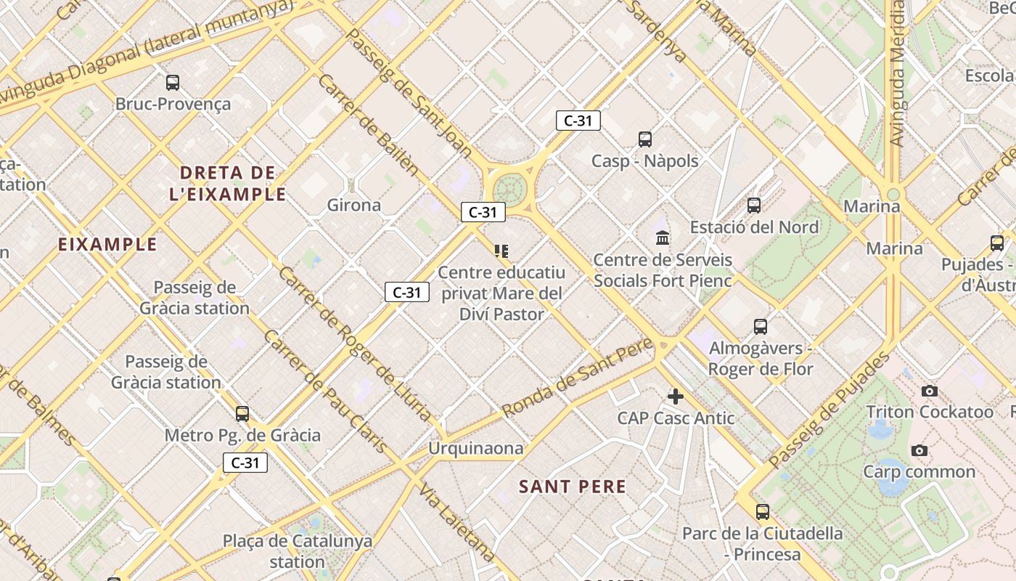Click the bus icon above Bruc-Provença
(x=173, y=83)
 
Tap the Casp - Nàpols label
(x=644, y=161)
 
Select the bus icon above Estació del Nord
(x=754, y=206)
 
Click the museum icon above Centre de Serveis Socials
(x=663, y=237)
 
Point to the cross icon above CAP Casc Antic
(x=676, y=397)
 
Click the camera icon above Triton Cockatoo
(x=929, y=391)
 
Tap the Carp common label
(x=919, y=471)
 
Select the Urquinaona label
(x=475, y=448)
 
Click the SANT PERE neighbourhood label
(x=572, y=487)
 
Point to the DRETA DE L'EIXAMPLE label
(x=228, y=183)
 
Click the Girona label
(x=354, y=205)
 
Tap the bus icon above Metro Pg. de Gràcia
(x=242, y=414)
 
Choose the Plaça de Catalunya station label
(x=298, y=551)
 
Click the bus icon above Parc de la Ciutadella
(x=762, y=512)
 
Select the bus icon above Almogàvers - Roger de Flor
(x=760, y=327)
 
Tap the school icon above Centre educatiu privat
(x=501, y=251)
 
